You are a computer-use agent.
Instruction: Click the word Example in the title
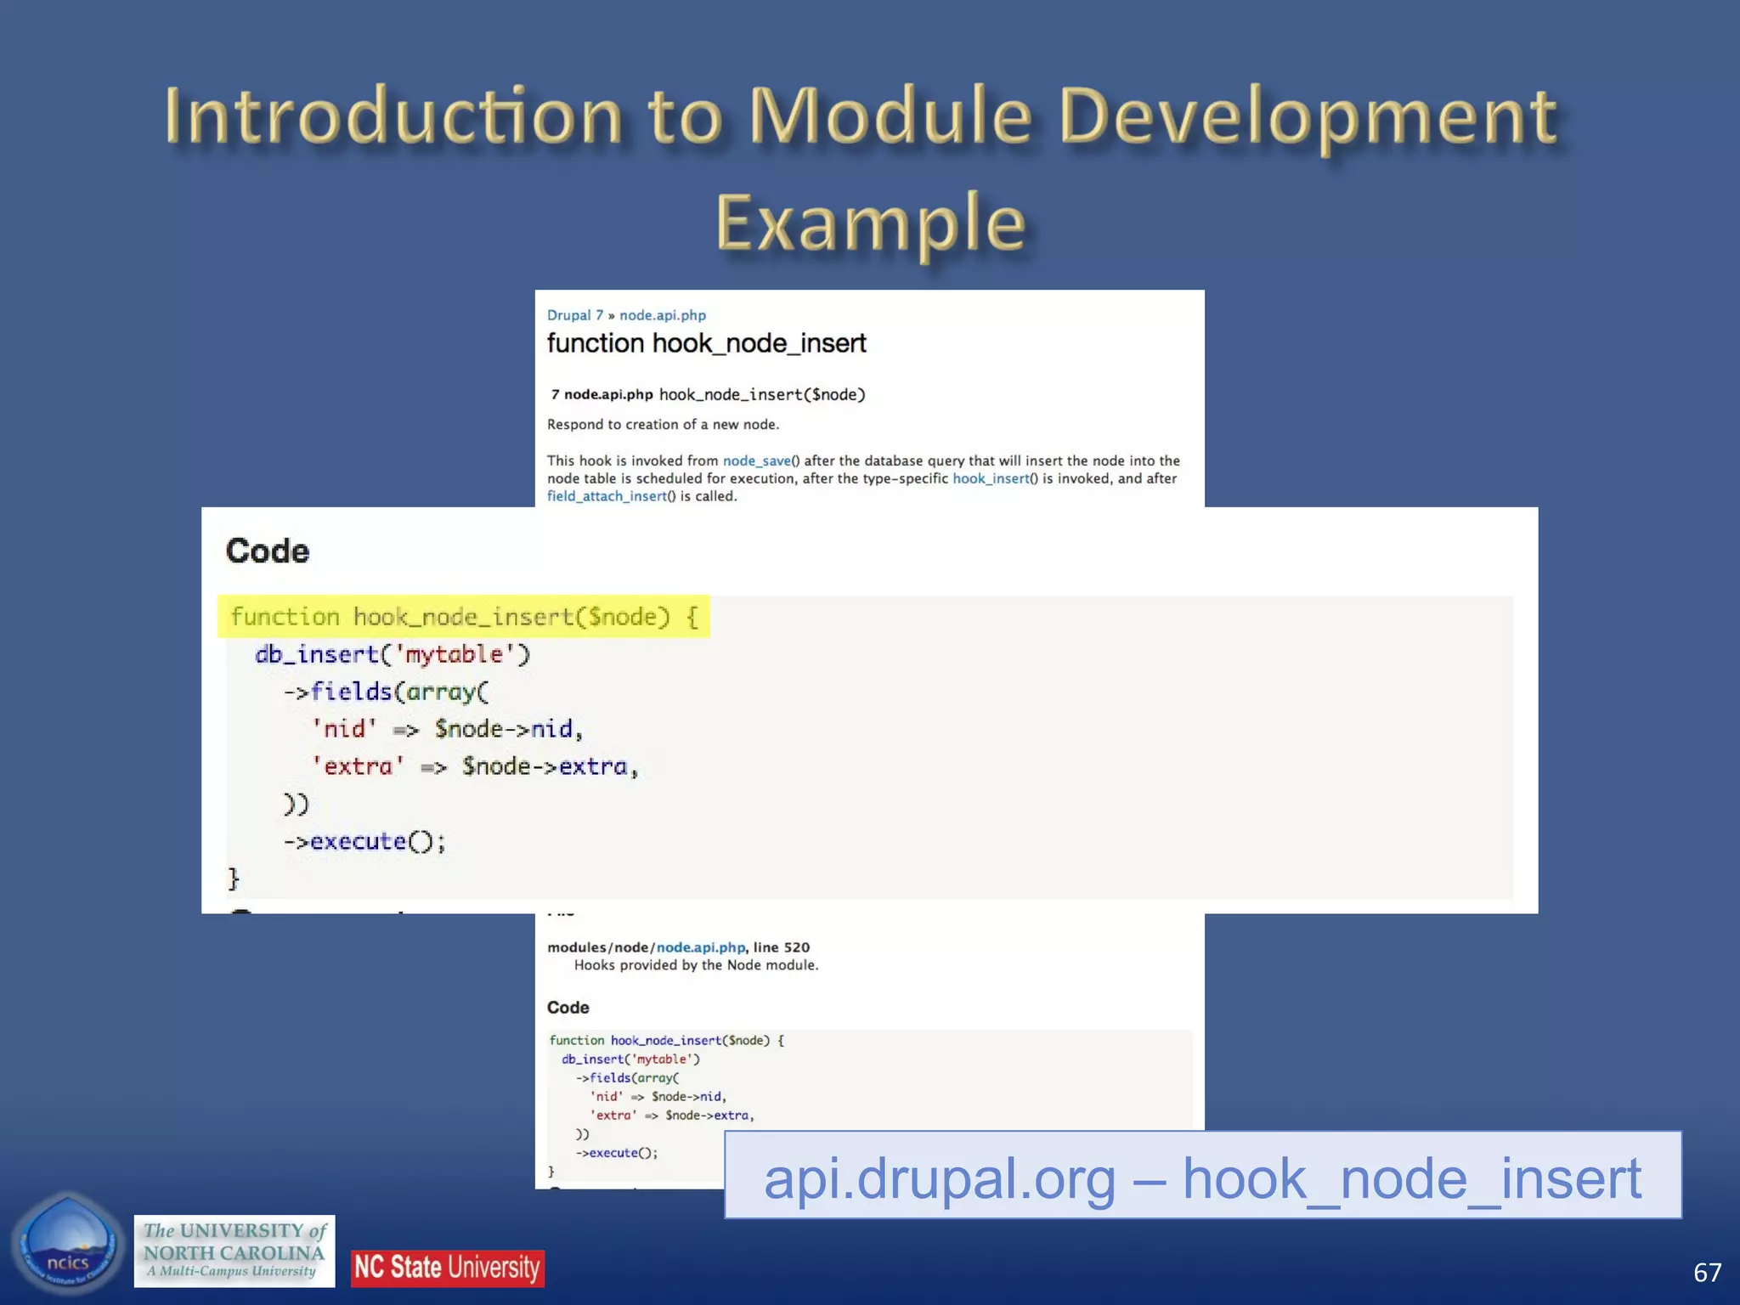click(870, 223)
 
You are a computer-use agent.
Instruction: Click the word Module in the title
click(890, 116)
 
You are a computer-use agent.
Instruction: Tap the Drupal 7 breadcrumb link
click(574, 315)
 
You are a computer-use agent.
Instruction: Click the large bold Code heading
click(268, 551)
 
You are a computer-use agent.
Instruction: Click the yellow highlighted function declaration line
click(464, 617)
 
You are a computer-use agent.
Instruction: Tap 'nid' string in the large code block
click(344, 729)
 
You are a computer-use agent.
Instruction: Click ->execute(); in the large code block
click(365, 841)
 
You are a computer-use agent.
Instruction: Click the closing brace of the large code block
click(234, 878)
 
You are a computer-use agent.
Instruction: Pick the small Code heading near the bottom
click(568, 1008)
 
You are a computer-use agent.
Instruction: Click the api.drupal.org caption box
click(1202, 1177)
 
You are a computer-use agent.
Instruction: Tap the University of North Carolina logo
click(234, 1251)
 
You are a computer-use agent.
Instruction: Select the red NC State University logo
click(447, 1268)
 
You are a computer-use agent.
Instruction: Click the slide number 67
click(1707, 1272)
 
